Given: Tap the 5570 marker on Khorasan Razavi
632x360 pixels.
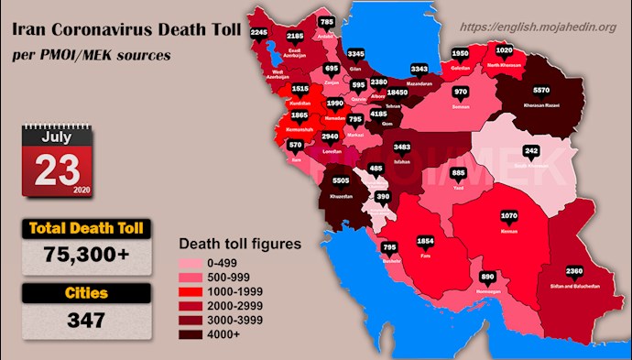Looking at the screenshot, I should tap(541, 92).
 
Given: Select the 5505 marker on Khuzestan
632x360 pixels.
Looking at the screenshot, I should tap(341, 181).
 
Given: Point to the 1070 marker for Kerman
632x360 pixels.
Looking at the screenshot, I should tap(510, 217).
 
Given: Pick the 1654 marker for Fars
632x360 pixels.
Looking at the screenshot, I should tap(425, 241).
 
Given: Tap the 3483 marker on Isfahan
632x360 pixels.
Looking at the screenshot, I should tap(401, 147).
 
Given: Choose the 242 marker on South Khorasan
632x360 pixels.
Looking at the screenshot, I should tap(531, 150).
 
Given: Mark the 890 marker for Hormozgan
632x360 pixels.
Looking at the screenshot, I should tap(487, 276).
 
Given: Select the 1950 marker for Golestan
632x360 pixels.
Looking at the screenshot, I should tap(461, 52).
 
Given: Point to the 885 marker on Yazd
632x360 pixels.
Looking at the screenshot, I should tap(459, 172).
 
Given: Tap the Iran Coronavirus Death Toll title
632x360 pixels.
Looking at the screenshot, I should tap(126, 31).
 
